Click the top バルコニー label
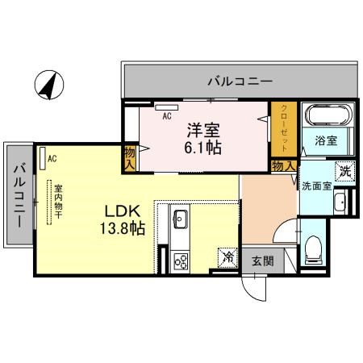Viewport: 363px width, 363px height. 239,81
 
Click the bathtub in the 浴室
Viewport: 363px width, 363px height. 329,115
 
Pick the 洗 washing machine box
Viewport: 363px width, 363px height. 344,171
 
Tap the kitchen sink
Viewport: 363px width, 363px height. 180,218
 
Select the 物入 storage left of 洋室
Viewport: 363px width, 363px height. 130,157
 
